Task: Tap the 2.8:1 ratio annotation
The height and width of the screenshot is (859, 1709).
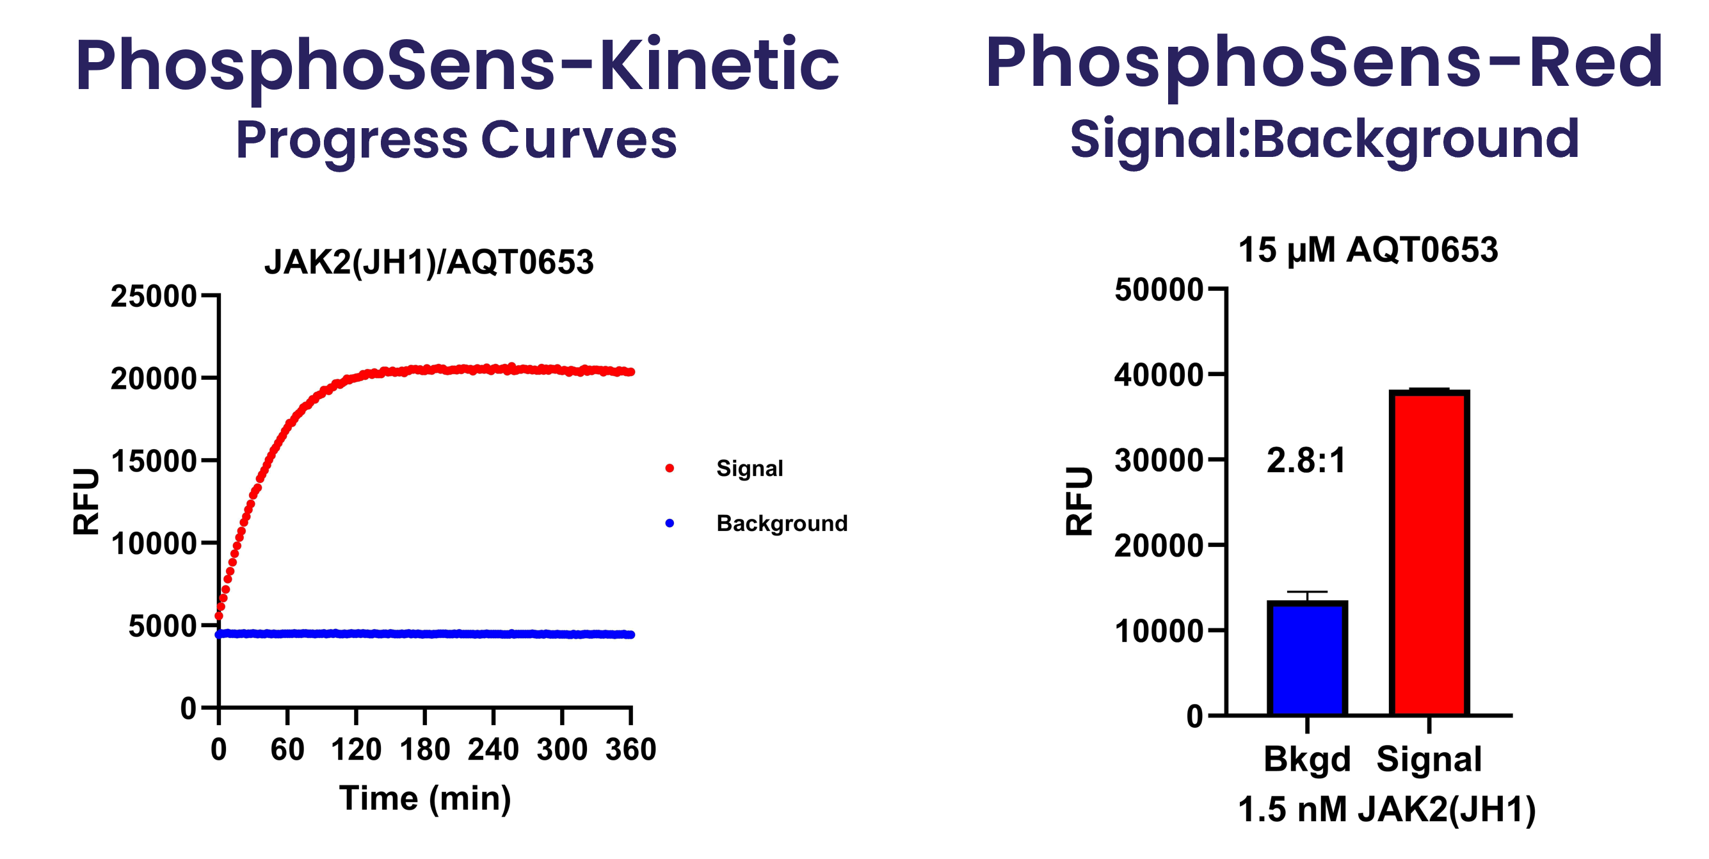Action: click(x=1306, y=460)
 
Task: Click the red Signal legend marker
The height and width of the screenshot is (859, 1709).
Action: click(x=670, y=469)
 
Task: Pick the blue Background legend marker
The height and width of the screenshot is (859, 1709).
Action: click(x=670, y=523)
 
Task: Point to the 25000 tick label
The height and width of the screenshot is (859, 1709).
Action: click(x=153, y=296)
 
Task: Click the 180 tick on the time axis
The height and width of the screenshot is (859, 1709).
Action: click(x=424, y=749)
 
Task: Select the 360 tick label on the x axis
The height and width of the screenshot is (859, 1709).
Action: click(x=630, y=749)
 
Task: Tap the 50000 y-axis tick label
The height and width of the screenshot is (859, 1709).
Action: click(x=1159, y=290)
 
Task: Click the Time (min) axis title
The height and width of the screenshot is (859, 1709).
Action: click(x=425, y=798)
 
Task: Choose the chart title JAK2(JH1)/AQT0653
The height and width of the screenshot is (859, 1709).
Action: click(x=429, y=261)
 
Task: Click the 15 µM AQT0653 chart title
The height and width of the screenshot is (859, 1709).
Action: click(x=1368, y=250)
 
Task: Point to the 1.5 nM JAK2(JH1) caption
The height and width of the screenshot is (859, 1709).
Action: click(x=1386, y=810)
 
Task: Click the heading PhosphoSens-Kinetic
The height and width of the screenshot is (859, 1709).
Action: click(x=458, y=65)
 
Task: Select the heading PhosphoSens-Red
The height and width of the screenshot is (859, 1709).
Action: click(x=1324, y=63)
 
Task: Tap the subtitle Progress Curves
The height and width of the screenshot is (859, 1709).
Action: click(x=456, y=140)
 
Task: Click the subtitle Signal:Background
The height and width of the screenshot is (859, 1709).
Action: click(x=1324, y=139)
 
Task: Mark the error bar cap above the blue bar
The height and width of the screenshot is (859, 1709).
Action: click(x=1307, y=591)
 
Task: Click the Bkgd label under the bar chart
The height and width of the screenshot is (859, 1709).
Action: click(x=1306, y=759)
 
